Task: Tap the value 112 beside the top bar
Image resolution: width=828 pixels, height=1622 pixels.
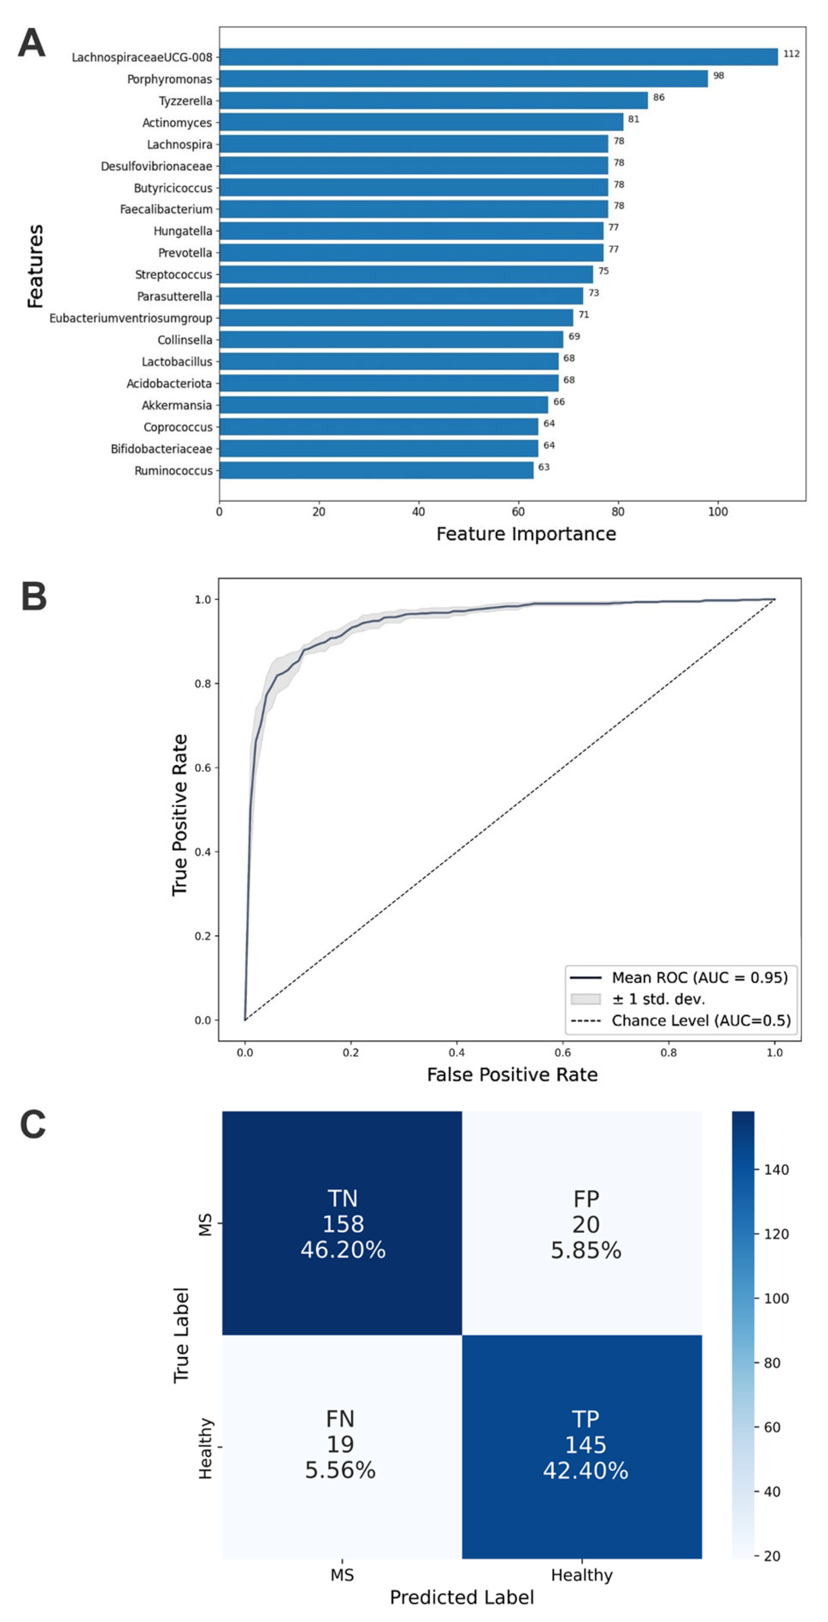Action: coord(791,54)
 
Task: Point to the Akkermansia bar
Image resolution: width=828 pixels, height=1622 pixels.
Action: coord(383,405)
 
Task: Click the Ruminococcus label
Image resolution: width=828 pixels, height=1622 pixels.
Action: coord(173,471)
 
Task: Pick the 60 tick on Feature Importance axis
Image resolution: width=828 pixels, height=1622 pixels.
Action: coord(518,512)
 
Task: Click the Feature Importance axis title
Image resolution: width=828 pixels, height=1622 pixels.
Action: coord(526,534)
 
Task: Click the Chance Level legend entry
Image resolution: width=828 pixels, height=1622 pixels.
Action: coord(700,1021)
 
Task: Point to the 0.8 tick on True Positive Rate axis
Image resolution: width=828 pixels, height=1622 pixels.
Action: coord(202,684)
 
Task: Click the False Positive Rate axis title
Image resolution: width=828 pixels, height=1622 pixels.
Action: coord(512,1074)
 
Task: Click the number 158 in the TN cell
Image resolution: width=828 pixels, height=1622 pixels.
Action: coord(343,1224)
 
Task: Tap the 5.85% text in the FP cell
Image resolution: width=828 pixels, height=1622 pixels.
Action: coord(586,1250)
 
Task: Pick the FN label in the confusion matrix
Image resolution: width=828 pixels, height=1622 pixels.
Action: coord(340,1419)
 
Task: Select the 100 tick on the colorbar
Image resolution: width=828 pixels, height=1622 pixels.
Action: coord(776,1298)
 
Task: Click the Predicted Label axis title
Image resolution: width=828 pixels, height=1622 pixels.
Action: coord(462,1597)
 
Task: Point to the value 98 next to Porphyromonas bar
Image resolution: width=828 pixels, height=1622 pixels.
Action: coord(718,75)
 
